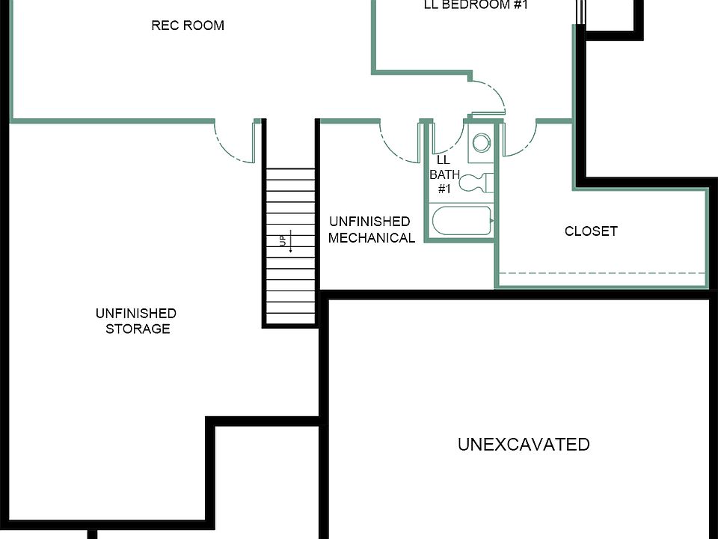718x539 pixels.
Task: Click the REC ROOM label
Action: tap(188, 25)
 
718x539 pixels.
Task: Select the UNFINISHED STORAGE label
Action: tap(136, 321)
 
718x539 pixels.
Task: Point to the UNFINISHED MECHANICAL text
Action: tap(371, 230)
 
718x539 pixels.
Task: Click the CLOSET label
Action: tap(591, 231)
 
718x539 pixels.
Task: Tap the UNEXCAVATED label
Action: tap(524, 445)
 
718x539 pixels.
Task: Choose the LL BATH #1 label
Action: tap(444, 174)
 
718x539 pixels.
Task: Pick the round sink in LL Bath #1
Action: tap(482, 142)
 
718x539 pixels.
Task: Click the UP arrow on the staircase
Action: tap(290, 241)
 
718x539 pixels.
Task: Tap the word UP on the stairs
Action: tap(283, 241)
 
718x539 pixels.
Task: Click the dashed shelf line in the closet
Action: tap(602, 273)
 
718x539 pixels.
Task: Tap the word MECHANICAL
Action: tap(371, 238)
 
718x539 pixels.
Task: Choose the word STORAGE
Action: tap(138, 329)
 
